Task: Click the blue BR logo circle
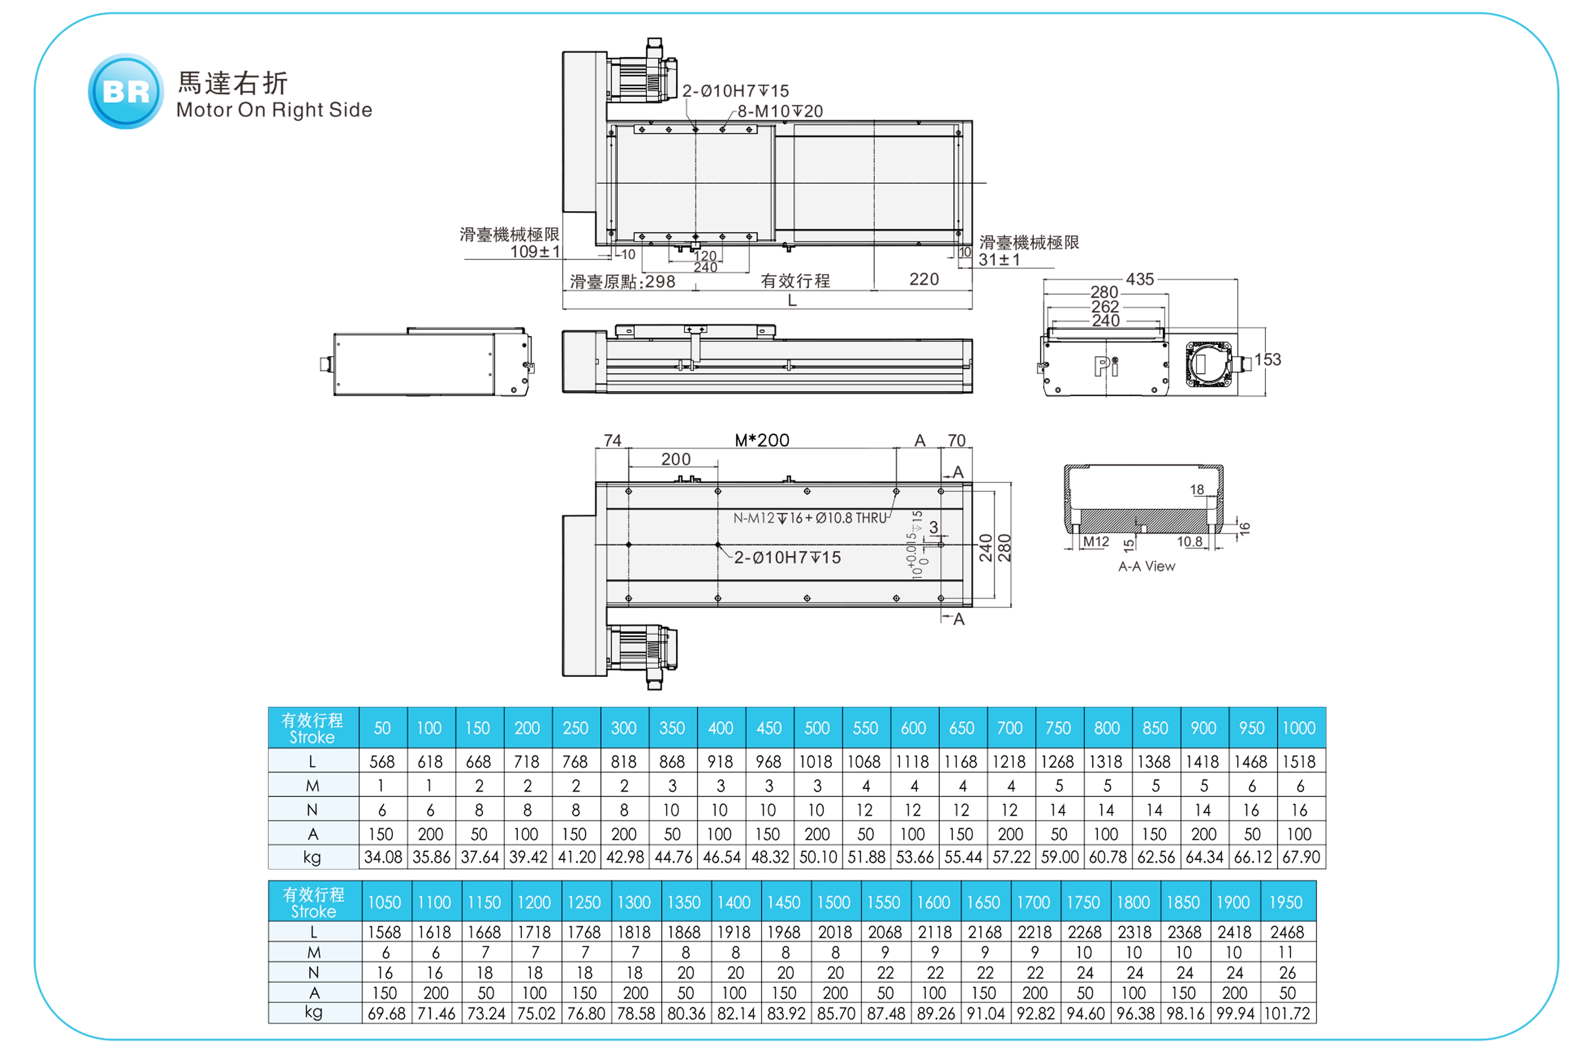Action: point(126,92)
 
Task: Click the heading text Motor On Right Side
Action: point(274,110)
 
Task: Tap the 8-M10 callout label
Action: point(780,111)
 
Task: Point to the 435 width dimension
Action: point(1140,279)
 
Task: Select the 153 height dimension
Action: point(1267,360)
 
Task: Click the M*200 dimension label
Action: point(762,440)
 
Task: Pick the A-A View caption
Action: point(1147,566)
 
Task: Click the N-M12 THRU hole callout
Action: point(810,518)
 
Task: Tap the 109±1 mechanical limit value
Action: point(535,252)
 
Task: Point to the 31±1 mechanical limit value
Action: point(999,259)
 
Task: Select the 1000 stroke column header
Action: point(1299,728)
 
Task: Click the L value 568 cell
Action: point(382,762)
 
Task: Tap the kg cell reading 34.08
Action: point(383,857)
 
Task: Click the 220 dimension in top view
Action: point(924,280)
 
